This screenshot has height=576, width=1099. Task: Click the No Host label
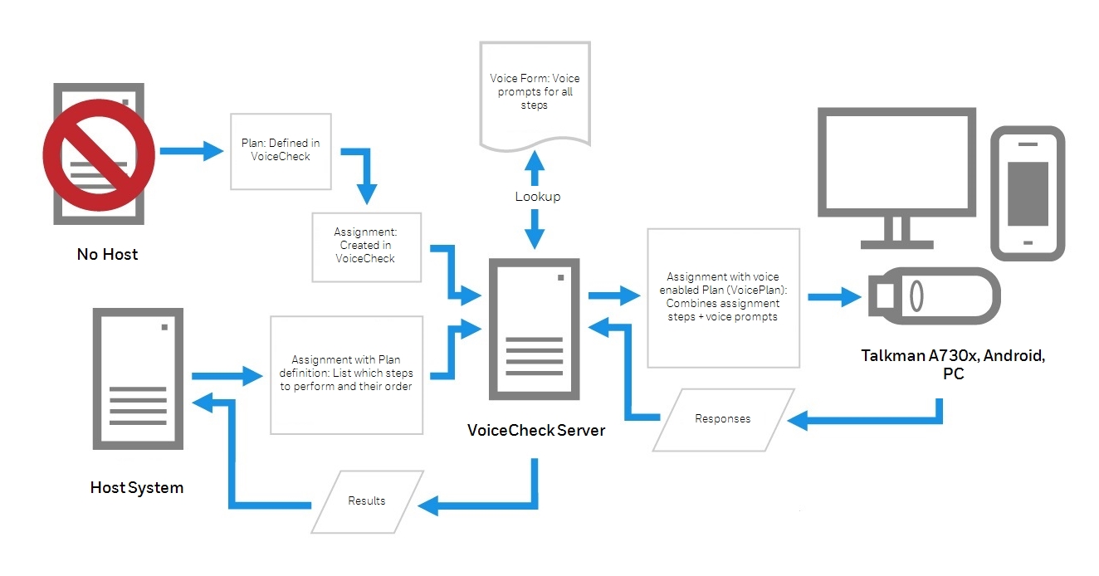coord(108,254)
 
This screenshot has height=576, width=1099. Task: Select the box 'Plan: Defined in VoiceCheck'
coord(281,150)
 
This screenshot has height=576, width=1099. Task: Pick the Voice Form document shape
coord(535,94)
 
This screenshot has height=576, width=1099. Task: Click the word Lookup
coord(537,197)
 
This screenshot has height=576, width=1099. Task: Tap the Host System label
coord(137,487)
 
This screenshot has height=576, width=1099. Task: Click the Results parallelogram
coord(367,500)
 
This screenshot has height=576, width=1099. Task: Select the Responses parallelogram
coord(722,419)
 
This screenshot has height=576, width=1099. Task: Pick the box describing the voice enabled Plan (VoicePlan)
coord(722,297)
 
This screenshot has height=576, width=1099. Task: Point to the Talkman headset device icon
coord(932,296)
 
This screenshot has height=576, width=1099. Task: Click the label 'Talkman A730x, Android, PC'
coord(952,365)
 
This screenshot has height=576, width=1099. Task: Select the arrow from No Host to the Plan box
coord(191,152)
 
